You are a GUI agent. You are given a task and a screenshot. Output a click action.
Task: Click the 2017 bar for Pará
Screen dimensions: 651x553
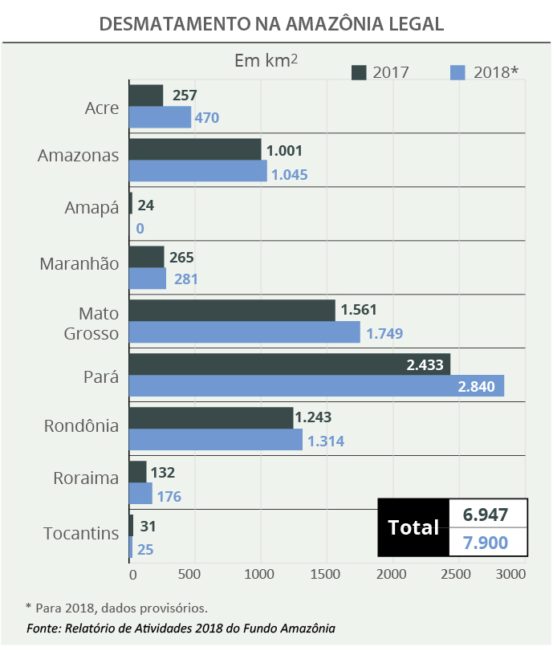pos(289,364)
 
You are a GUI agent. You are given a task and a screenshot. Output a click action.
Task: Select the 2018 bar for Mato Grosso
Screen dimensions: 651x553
pos(245,332)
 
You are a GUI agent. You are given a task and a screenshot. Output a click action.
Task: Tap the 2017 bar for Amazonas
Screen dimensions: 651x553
pos(195,149)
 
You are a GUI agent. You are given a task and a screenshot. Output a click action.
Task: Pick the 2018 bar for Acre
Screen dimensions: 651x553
pos(161,117)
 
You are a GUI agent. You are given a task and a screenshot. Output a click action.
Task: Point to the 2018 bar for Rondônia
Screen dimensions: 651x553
pos(216,439)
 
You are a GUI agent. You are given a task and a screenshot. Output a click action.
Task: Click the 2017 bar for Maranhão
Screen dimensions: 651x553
pos(147,257)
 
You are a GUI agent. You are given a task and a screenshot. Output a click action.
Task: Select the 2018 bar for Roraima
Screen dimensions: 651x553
pos(141,493)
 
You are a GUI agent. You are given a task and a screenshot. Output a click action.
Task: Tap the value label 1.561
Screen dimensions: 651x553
pos(358,310)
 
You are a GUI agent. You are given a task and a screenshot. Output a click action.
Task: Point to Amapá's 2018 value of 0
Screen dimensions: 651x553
pos(140,229)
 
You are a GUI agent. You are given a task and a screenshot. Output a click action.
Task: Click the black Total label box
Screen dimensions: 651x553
pos(413,527)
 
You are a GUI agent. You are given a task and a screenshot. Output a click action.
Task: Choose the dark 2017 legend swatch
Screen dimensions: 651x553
pos(359,72)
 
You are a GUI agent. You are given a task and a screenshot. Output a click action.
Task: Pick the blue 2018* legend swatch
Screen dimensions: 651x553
pos(459,72)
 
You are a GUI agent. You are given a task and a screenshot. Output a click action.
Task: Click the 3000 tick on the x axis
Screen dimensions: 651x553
pos(510,574)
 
